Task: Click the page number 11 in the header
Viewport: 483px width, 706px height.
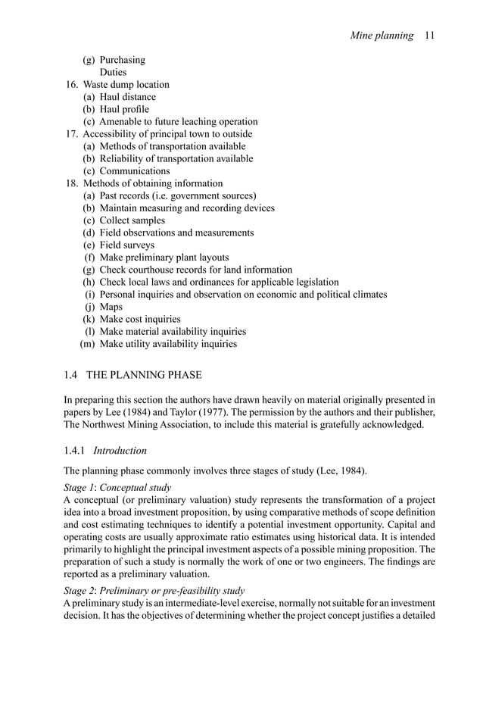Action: pos(429,35)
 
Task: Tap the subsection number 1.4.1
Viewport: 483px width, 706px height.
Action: pos(76,451)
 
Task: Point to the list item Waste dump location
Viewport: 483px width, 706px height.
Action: pos(126,85)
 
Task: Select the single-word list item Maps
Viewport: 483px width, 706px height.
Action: pos(111,307)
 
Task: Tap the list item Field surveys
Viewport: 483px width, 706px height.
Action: pos(126,245)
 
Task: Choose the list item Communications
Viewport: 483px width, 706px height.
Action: pos(135,171)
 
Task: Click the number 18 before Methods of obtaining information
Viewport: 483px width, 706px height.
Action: pos(72,183)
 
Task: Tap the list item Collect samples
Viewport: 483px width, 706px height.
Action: pos(132,220)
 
